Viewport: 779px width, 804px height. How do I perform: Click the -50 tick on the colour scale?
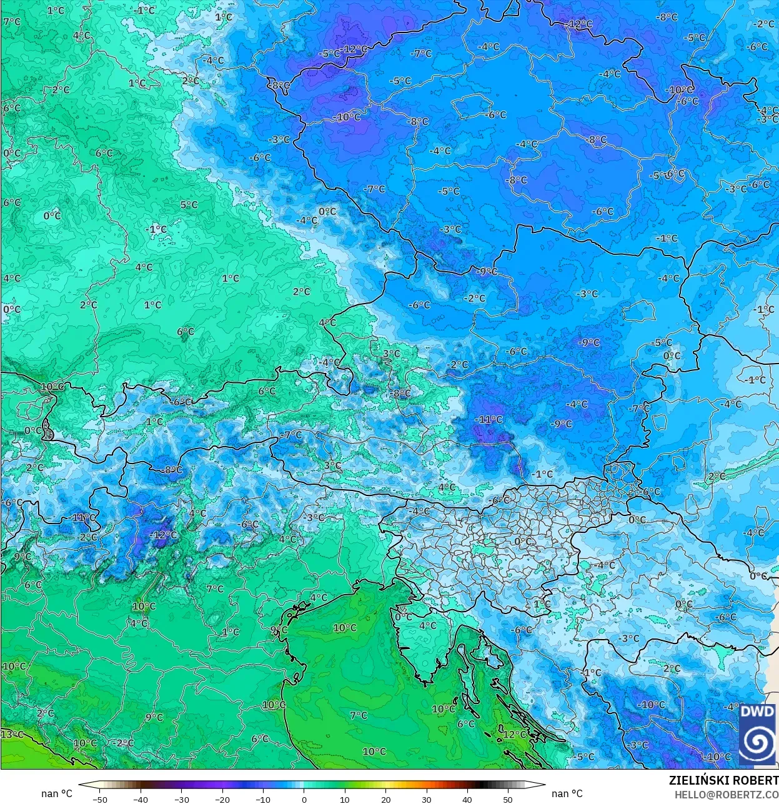click(x=99, y=799)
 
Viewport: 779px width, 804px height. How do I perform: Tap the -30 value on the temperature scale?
click(x=181, y=799)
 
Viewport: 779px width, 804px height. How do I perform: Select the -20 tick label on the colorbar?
click(x=222, y=799)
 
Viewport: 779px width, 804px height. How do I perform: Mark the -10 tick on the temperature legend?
click(x=263, y=799)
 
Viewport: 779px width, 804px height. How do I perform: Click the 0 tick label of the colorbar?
click(x=304, y=799)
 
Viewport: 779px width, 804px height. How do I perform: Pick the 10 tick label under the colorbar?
click(x=345, y=799)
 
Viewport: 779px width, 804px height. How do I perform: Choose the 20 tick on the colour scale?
click(x=385, y=799)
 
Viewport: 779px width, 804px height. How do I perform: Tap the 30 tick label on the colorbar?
click(x=426, y=799)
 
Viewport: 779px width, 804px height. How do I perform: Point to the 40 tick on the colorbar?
click(x=467, y=799)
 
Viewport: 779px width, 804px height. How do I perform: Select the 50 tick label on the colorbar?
click(x=507, y=799)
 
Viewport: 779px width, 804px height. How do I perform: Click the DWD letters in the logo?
click(x=757, y=712)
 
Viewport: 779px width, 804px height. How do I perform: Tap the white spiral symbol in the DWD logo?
click(x=757, y=742)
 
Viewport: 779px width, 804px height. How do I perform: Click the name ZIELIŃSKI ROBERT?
click(x=723, y=780)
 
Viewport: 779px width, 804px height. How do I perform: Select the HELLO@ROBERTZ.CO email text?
click(x=726, y=794)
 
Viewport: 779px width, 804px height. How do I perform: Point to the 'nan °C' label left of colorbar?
click(x=57, y=793)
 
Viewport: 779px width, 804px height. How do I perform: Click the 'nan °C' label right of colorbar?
click(x=567, y=793)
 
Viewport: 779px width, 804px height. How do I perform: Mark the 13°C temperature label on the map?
click(x=11, y=734)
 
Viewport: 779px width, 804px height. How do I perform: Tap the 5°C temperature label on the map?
click(x=189, y=204)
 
